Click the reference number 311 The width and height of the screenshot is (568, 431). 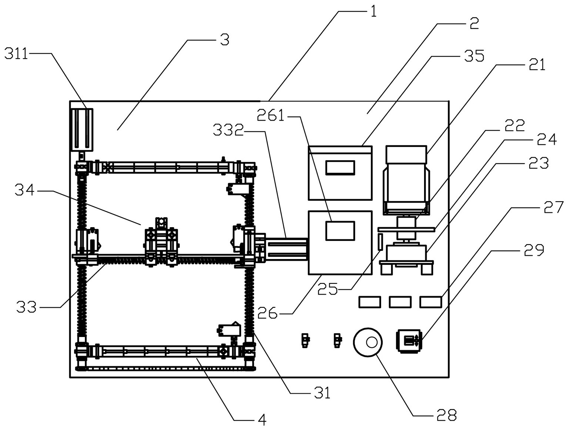click(16, 54)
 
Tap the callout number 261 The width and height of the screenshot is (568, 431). click(270, 116)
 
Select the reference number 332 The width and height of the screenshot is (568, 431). click(228, 131)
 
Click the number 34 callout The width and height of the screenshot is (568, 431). click(25, 190)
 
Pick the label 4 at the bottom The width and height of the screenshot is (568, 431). click(262, 420)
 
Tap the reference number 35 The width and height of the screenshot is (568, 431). click(474, 56)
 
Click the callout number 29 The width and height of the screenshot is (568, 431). click(534, 250)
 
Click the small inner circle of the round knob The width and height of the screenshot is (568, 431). click(372, 343)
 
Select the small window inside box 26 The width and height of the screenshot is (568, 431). click(340, 231)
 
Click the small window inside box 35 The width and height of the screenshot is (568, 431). click(340, 168)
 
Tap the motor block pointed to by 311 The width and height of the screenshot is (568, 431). click(81, 129)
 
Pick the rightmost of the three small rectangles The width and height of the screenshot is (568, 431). click(431, 302)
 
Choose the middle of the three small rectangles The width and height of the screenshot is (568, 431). click(400, 302)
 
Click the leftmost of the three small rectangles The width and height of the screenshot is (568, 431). click(370, 302)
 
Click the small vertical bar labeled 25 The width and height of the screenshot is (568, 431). click(380, 242)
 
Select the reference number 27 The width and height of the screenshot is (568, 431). click(554, 208)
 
